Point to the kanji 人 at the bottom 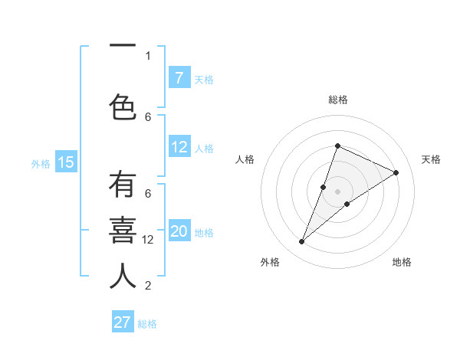123,275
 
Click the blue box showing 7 179,77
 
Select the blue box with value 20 179,231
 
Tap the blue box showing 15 66,162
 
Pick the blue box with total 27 123,322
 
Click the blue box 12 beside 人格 179,147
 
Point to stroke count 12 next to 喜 148,240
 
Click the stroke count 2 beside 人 148,286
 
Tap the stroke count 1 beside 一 148,56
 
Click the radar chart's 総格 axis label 337,100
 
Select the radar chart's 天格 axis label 431,159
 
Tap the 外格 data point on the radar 302,242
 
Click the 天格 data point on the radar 396,173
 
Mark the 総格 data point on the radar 337,146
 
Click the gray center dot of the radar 337,191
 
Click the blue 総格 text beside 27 148,324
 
